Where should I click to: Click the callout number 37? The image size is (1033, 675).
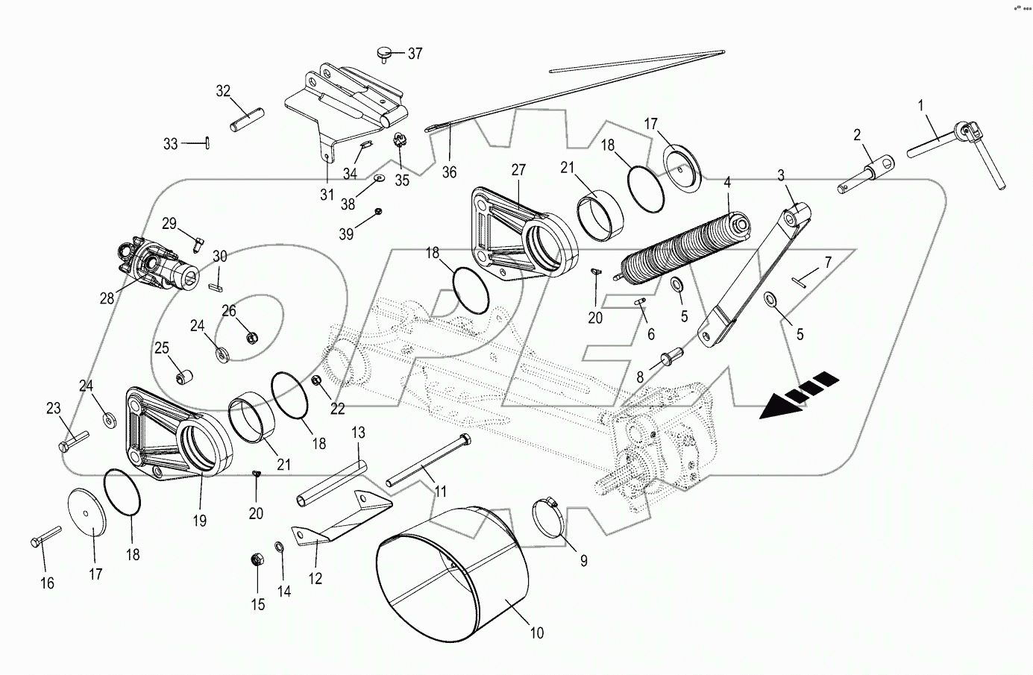pos(414,54)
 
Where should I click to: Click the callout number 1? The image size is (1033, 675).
pos(920,106)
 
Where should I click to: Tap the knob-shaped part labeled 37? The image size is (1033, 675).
pos(384,52)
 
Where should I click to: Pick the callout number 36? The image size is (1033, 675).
pos(448,172)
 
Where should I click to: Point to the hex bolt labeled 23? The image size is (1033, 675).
pos(72,440)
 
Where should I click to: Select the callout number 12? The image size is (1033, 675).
pos(315,578)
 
